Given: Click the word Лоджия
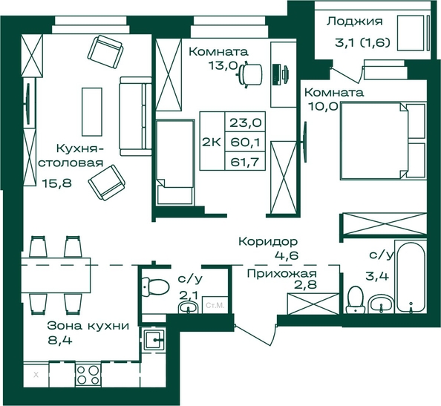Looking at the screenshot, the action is coord(354,22).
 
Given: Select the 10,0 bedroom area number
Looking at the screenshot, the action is coord(323,106).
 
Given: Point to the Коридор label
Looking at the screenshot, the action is coord(268,241).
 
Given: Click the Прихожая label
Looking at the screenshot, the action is coord(282,274).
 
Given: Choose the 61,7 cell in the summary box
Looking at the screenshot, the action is coord(245,163).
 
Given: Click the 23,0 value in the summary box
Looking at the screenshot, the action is coord(246,122).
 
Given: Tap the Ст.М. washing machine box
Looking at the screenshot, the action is coord(215,305).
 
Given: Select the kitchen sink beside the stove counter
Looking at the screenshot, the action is coord(154,340).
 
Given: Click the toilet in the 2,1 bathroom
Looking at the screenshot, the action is coord(154,287).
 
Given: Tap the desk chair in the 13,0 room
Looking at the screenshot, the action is coord(249,74).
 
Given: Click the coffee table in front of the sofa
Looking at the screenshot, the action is coord(92,111).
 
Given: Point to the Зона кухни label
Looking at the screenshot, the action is coord(88,326).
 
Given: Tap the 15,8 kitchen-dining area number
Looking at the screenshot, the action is coord(57,183).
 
